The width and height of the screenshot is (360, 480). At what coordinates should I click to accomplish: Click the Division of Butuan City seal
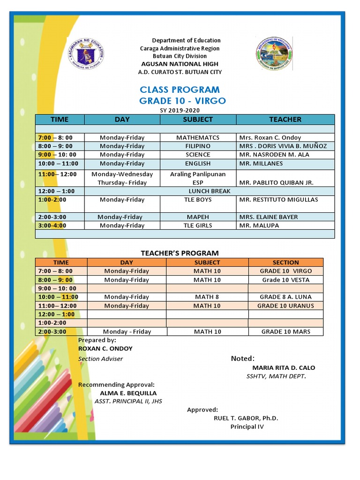click(x=274, y=54)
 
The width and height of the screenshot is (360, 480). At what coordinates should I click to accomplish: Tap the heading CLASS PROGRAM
click(x=180, y=90)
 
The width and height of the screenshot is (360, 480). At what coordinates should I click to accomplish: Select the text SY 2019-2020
click(x=180, y=110)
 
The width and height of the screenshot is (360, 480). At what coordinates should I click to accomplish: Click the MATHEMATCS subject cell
click(x=198, y=138)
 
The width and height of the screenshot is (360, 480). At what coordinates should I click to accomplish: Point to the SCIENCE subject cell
click(x=198, y=155)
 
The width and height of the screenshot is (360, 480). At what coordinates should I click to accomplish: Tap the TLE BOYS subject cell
click(x=198, y=200)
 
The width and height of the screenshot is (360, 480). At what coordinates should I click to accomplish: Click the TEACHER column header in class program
click(x=285, y=120)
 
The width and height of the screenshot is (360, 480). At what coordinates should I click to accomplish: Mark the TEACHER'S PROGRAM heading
click(x=180, y=253)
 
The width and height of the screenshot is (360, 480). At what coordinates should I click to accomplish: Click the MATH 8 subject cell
click(x=207, y=297)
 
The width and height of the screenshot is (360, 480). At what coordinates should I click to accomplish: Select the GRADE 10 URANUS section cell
click(x=285, y=306)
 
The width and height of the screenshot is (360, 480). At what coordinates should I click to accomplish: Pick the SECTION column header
click(x=285, y=262)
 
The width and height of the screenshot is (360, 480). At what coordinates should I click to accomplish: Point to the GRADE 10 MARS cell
click(x=285, y=331)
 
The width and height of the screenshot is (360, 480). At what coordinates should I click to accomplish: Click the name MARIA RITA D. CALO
click(x=284, y=367)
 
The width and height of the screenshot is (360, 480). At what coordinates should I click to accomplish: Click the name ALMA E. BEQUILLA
click(x=128, y=393)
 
